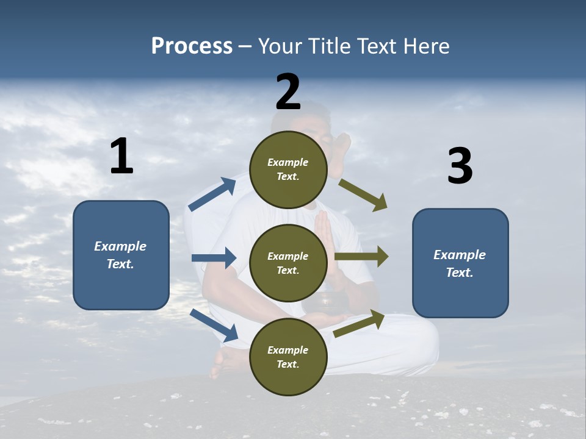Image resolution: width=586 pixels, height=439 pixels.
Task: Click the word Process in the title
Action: (192, 46)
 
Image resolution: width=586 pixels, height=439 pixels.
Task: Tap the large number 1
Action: (121, 157)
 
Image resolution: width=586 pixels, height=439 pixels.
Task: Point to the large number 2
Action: (288, 92)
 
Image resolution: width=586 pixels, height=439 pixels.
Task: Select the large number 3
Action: (460, 166)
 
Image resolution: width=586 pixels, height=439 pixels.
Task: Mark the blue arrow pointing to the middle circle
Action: (214, 258)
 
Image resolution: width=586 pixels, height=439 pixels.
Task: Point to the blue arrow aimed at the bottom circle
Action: (214, 325)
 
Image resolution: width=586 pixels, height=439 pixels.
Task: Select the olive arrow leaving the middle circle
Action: (361, 257)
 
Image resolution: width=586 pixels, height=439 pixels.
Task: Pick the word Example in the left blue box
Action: (120, 246)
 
